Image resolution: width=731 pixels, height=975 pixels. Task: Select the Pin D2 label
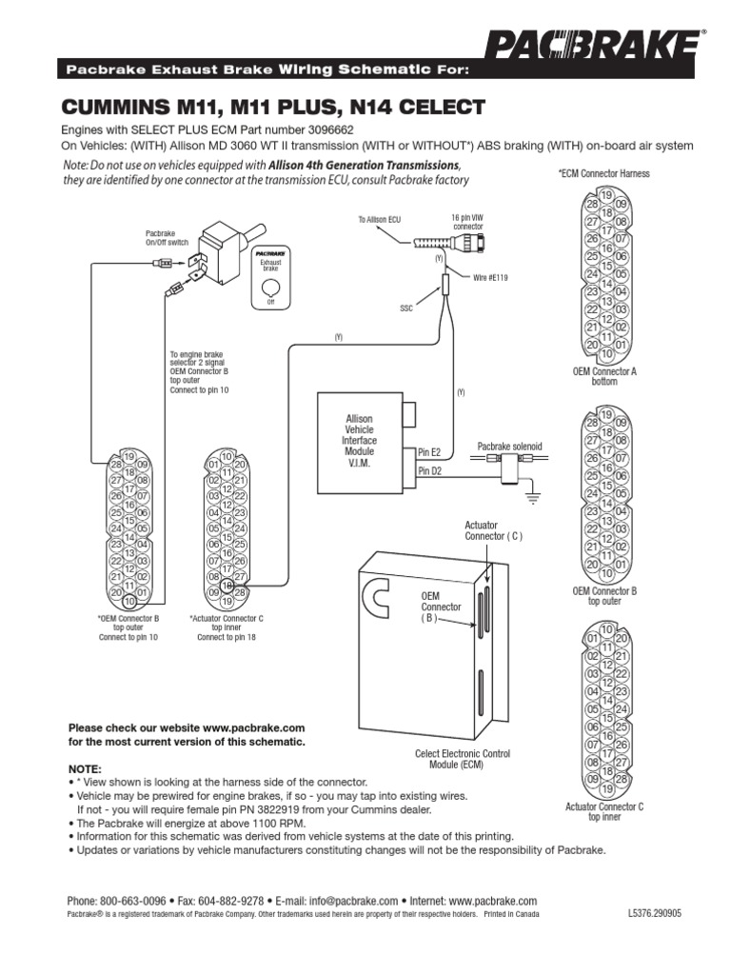tap(430, 469)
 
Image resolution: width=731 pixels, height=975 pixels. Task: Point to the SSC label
tap(406, 308)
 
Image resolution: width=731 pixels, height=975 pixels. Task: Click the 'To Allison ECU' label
tap(380, 220)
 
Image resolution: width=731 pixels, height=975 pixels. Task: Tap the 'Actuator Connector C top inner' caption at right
tap(603, 811)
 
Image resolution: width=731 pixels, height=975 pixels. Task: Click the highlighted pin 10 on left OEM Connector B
tap(128, 602)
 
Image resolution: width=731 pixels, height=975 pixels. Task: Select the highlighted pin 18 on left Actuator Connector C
tap(227, 586)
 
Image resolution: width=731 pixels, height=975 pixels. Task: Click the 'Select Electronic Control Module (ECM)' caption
tap(463, 759)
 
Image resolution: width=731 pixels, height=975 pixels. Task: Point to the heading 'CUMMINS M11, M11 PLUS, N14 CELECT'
tap(273, 105)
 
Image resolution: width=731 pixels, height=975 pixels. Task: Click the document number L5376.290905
tap(655, 912)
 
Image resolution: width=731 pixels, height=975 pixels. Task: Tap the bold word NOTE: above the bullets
tap(85, 767)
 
